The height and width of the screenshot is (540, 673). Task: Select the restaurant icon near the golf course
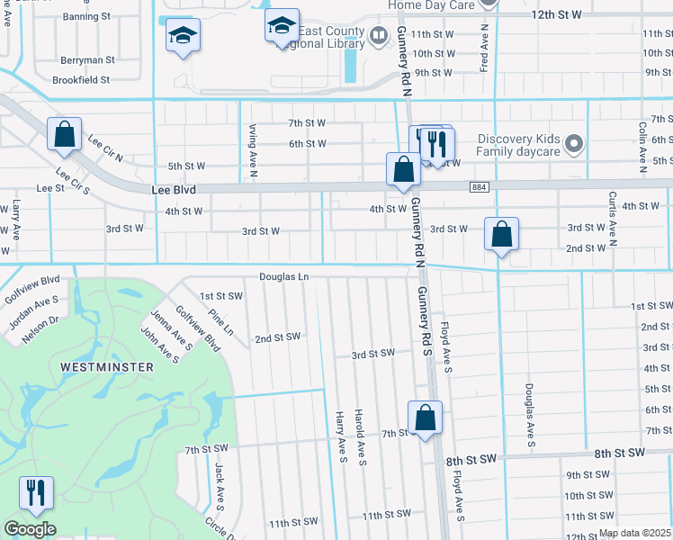[36, 492]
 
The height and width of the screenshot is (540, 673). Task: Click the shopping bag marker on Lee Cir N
[65, 135]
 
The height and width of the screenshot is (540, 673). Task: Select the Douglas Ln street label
[284, 276]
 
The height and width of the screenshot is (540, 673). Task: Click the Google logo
[30, 529]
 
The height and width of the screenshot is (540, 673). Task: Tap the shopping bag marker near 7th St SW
[425, 418]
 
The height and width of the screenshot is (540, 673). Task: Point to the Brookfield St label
[80, 79]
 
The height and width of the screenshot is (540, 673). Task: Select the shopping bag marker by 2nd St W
[501, 235]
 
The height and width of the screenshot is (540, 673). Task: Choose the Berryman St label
[88, 60]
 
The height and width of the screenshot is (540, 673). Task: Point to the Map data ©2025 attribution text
[635, 533]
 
